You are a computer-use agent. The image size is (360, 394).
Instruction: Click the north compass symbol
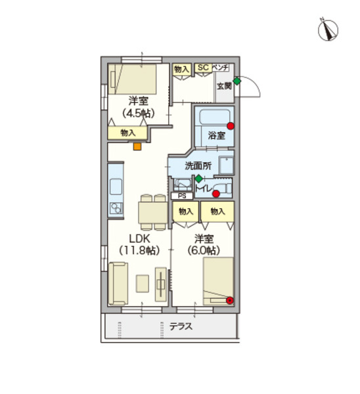328,30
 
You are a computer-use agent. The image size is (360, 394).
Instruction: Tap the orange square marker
137,146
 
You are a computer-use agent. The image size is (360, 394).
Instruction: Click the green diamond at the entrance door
236,81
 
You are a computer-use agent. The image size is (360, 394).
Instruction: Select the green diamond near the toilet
198,179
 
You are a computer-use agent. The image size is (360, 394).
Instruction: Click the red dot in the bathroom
231,126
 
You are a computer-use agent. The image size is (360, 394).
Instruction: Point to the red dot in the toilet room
216,194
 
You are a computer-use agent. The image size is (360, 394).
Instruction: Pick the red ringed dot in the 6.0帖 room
229,300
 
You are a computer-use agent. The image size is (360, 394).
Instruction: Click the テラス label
181,326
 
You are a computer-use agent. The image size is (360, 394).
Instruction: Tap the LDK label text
139,238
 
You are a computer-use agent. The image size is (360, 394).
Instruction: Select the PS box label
182,196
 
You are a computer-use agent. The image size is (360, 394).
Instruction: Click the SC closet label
203,68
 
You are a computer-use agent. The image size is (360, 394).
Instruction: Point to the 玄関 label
224,86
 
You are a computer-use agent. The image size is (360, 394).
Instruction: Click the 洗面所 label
198,165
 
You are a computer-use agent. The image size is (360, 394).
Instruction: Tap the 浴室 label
216,135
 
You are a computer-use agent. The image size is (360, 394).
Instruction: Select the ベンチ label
221,68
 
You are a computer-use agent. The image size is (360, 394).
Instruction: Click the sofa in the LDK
118,284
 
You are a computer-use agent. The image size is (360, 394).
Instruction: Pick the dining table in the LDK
153,213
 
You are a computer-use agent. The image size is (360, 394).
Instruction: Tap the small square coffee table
143,284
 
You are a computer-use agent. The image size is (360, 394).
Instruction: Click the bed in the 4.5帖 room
132,79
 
